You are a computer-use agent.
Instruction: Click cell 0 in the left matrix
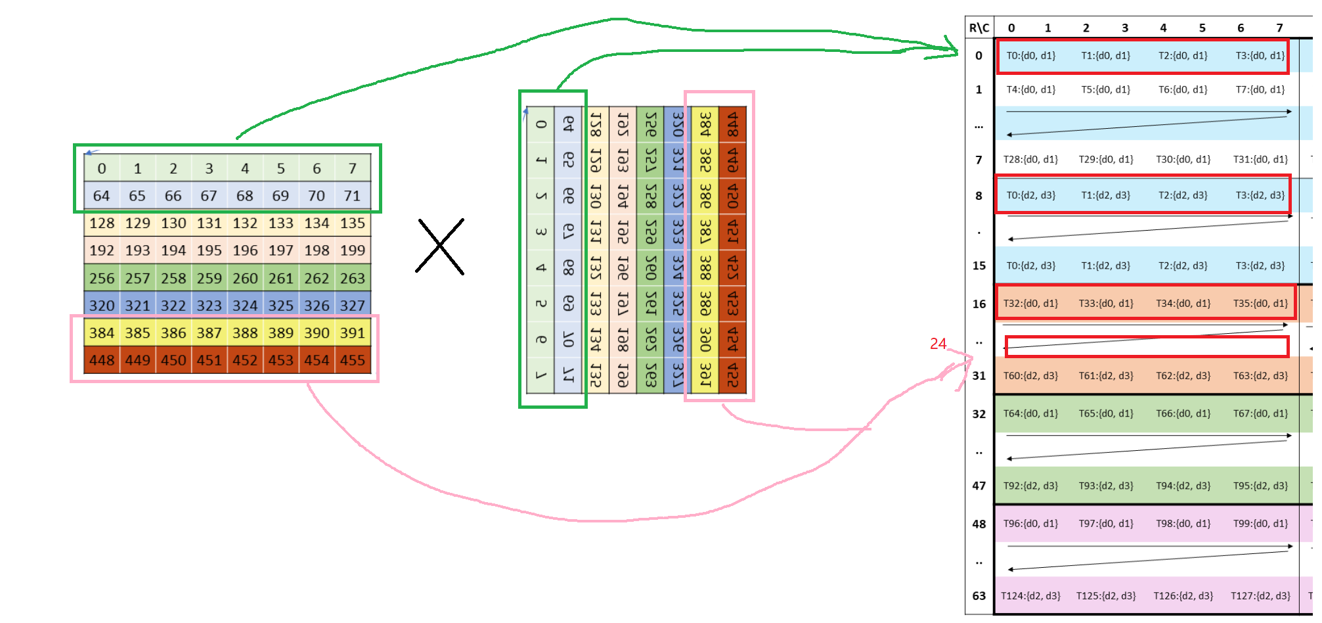(x=102, y=168)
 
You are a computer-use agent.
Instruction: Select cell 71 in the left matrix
(x=352, y=196)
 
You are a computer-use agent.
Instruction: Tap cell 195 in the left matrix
(x=209, y=250)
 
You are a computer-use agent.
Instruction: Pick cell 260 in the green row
(x=245, y=278)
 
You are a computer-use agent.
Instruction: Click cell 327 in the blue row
(x=352, y=306)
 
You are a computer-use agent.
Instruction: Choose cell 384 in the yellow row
(x=102, y=333)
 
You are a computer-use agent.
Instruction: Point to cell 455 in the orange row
(x=352, y=360)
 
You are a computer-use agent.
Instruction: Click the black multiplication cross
(x=440, y=246)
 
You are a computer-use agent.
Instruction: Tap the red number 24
(x=938, y=344)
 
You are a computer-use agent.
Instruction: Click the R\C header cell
(x=979, y=28)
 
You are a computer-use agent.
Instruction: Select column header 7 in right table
(x=1279, y=28)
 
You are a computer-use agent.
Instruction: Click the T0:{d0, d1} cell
(x=1031, y=56)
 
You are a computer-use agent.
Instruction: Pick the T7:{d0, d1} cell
(x=1260, y=89)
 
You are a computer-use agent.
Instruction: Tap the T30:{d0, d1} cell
(x=1183, y=159)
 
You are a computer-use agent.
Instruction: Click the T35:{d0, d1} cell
(x=1260, y=303)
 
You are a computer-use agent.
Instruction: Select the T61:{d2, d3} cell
(x=1106, y=376)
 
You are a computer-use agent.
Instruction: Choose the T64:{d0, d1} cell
(x=1031, y=413)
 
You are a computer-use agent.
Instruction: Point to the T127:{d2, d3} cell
(x=1260, y=596)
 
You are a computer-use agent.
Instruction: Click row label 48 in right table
(x=979, y=524)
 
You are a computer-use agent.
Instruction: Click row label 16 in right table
(x=979, y=304)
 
